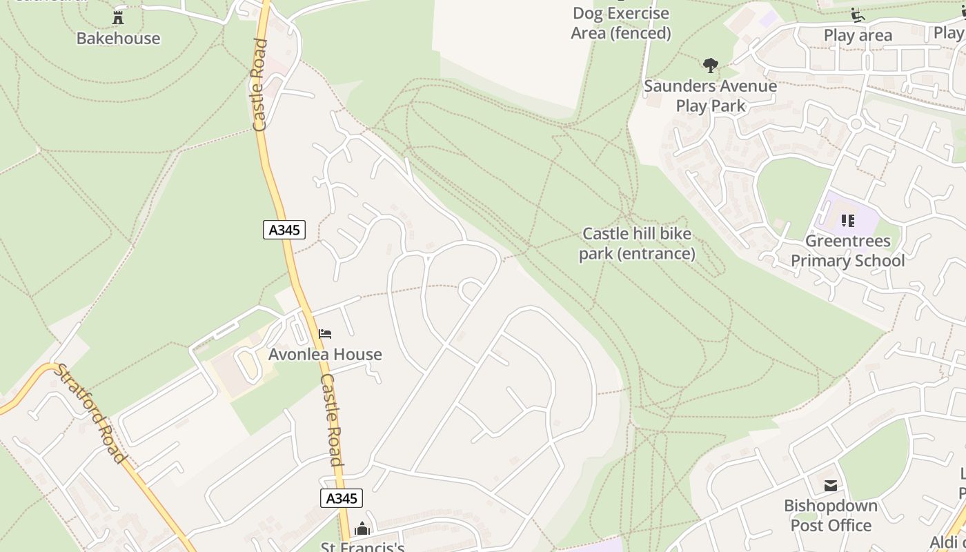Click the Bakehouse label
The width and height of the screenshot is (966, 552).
tap(118, 38)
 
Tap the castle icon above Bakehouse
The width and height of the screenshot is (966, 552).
tap(118, 18)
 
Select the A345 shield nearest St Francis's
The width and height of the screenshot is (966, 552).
tap(341, 498)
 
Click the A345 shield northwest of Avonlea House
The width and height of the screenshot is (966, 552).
tap(284, 230)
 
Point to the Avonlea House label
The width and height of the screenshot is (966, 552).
tap(325, 355)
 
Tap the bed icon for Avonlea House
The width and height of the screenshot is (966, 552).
tap(325, 335)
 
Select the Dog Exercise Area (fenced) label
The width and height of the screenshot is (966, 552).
tap(621, 23)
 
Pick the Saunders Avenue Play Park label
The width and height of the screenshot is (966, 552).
tap(710, 96)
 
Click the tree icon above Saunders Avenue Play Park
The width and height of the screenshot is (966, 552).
tap(710, 66)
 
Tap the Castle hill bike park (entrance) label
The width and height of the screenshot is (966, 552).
tap(637, 244)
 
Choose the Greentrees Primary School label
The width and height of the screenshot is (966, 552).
tap(848, 251)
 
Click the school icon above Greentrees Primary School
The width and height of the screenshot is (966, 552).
tap(848, 221)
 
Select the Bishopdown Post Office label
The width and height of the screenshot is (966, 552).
tap(831, 515)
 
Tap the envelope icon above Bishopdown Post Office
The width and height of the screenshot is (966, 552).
tap(831, 486)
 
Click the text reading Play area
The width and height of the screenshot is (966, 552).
tap(858, 35)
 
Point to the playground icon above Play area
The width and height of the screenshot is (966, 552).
tap(858, 15)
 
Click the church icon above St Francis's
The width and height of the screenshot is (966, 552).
tap(362, 529)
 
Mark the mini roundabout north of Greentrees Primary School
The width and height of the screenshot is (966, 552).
tap(856, 124)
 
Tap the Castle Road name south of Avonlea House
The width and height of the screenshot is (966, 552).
tap(332, 420)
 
